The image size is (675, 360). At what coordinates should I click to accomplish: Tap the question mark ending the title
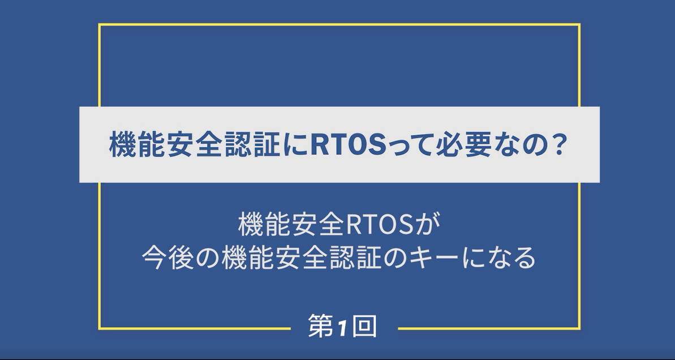pyautogui.click(x=558, y=145)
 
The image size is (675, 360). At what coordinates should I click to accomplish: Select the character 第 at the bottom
pyautogui.click(x=321, y=326)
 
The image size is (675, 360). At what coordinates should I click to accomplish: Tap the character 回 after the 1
pyautogui.click(x=364, y=326)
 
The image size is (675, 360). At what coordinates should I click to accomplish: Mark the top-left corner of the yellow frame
pyautogui.click(x=100, y=24)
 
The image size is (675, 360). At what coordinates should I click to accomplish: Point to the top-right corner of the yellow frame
pyautogui.click(x=579, y=24)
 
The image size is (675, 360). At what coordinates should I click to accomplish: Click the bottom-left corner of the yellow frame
pyautogui.click(x=100, y=328)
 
